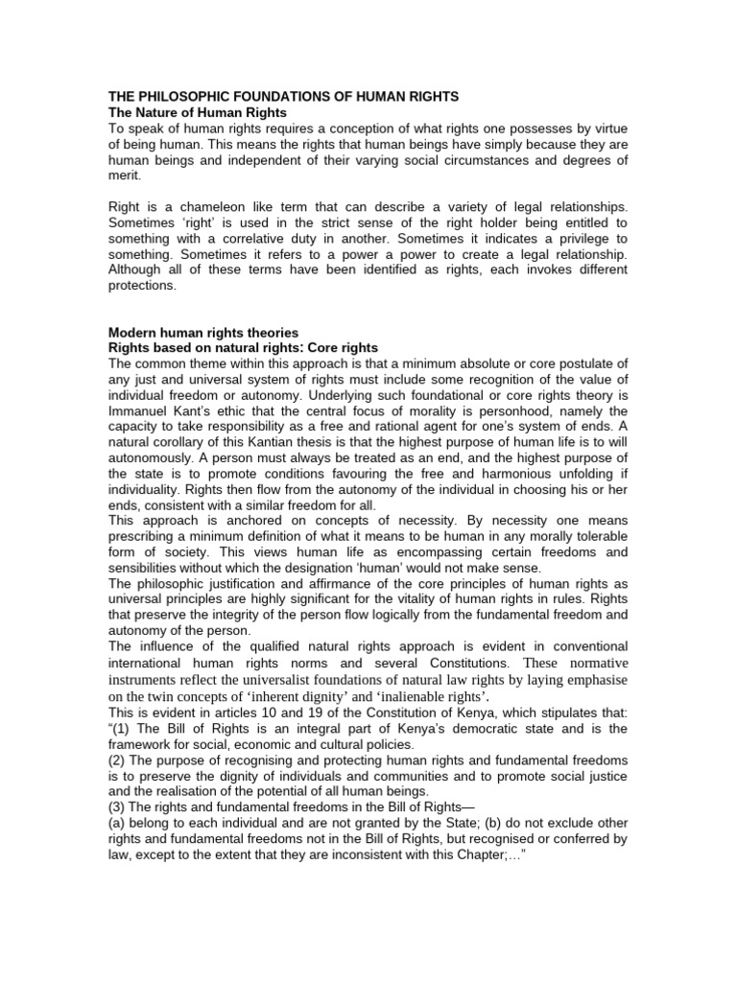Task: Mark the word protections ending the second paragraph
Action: click(x=143, y=285)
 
